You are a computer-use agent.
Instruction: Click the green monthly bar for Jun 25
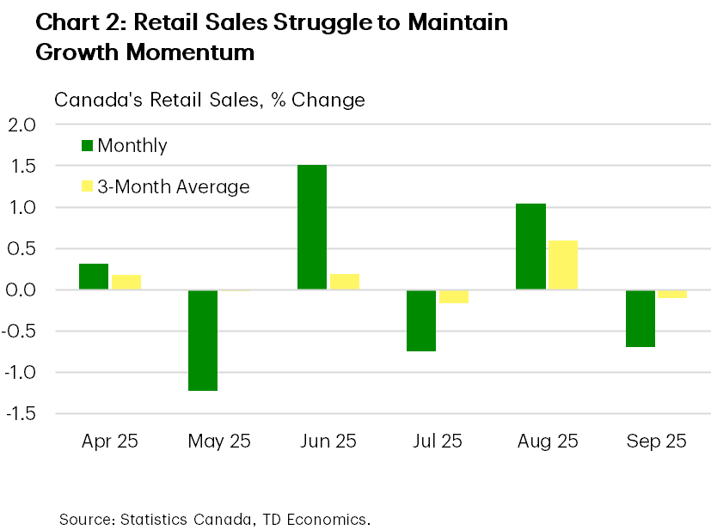312,227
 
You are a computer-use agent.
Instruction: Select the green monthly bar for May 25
203,340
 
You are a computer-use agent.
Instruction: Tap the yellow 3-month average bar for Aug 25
562,265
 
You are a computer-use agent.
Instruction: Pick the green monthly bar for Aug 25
530,247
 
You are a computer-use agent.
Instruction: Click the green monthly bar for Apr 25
94,277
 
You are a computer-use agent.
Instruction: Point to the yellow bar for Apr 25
126,282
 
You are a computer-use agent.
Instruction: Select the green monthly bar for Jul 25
421,320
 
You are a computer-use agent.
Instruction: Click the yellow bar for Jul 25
453,296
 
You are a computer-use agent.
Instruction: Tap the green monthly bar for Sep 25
640,319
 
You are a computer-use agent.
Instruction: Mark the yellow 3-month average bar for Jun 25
344,282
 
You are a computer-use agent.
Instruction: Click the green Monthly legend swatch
88,145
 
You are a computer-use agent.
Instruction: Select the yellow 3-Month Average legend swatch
88,186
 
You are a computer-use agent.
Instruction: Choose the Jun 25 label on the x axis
328,442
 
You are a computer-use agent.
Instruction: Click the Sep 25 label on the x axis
656,442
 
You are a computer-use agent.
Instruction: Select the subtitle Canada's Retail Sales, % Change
210,100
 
